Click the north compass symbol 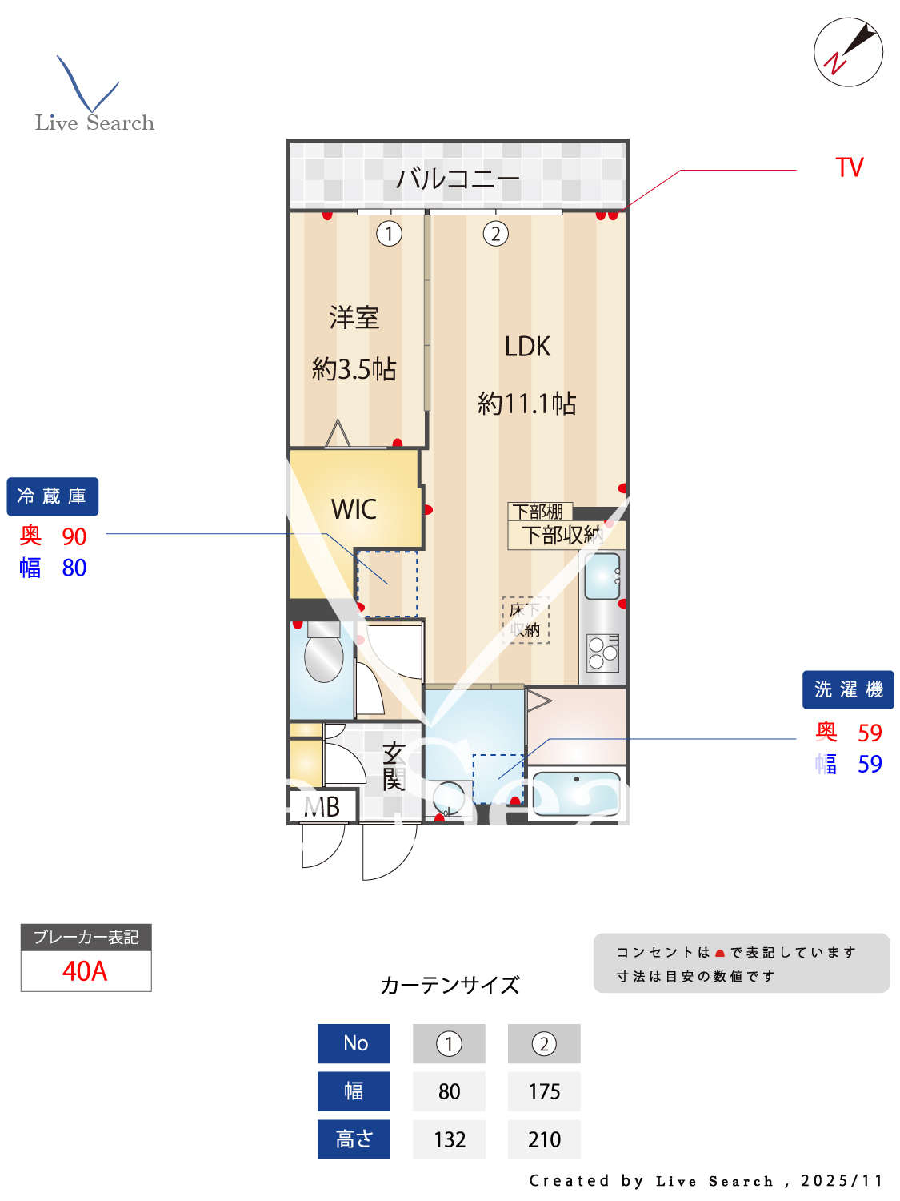pos(848,52)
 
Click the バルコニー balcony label pos(458,178)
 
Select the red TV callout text pos(849,167)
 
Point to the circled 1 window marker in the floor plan pos(389,234)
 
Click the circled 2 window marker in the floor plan pos(495,234)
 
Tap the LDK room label pos(527,347)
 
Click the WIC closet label pos(354,509)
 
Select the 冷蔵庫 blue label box pos(52,496)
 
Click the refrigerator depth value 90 pos(74,536)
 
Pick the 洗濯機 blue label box pos(848,689)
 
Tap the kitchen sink pos(602,576)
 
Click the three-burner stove pos(603,653)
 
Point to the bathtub pos(576,793)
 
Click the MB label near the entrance pos(322,807)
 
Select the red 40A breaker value pos(85,971)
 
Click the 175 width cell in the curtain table pos(544,1091)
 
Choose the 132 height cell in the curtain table pos(449,1139)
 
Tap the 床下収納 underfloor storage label pos(525,620)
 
